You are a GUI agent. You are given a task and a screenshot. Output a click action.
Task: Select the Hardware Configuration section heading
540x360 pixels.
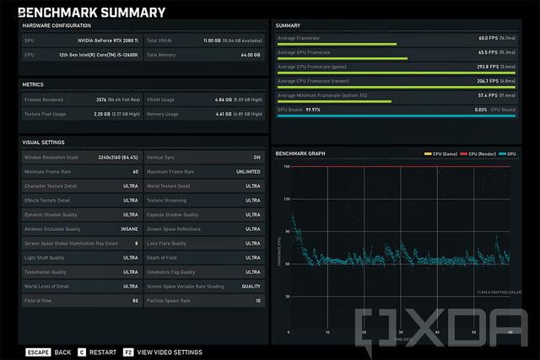point(57,25)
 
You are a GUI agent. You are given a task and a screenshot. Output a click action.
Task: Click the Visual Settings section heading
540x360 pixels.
point(43,142)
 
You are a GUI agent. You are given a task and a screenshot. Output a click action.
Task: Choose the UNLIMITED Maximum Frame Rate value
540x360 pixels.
point(246,171)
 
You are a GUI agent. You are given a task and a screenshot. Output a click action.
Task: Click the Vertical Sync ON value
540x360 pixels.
point(256,157)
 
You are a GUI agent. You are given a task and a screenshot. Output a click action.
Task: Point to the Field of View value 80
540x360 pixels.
point(134,300)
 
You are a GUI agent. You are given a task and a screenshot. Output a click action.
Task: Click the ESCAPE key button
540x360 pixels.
point(37,352)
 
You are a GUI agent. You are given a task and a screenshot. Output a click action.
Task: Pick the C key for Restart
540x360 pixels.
point(82,352)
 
